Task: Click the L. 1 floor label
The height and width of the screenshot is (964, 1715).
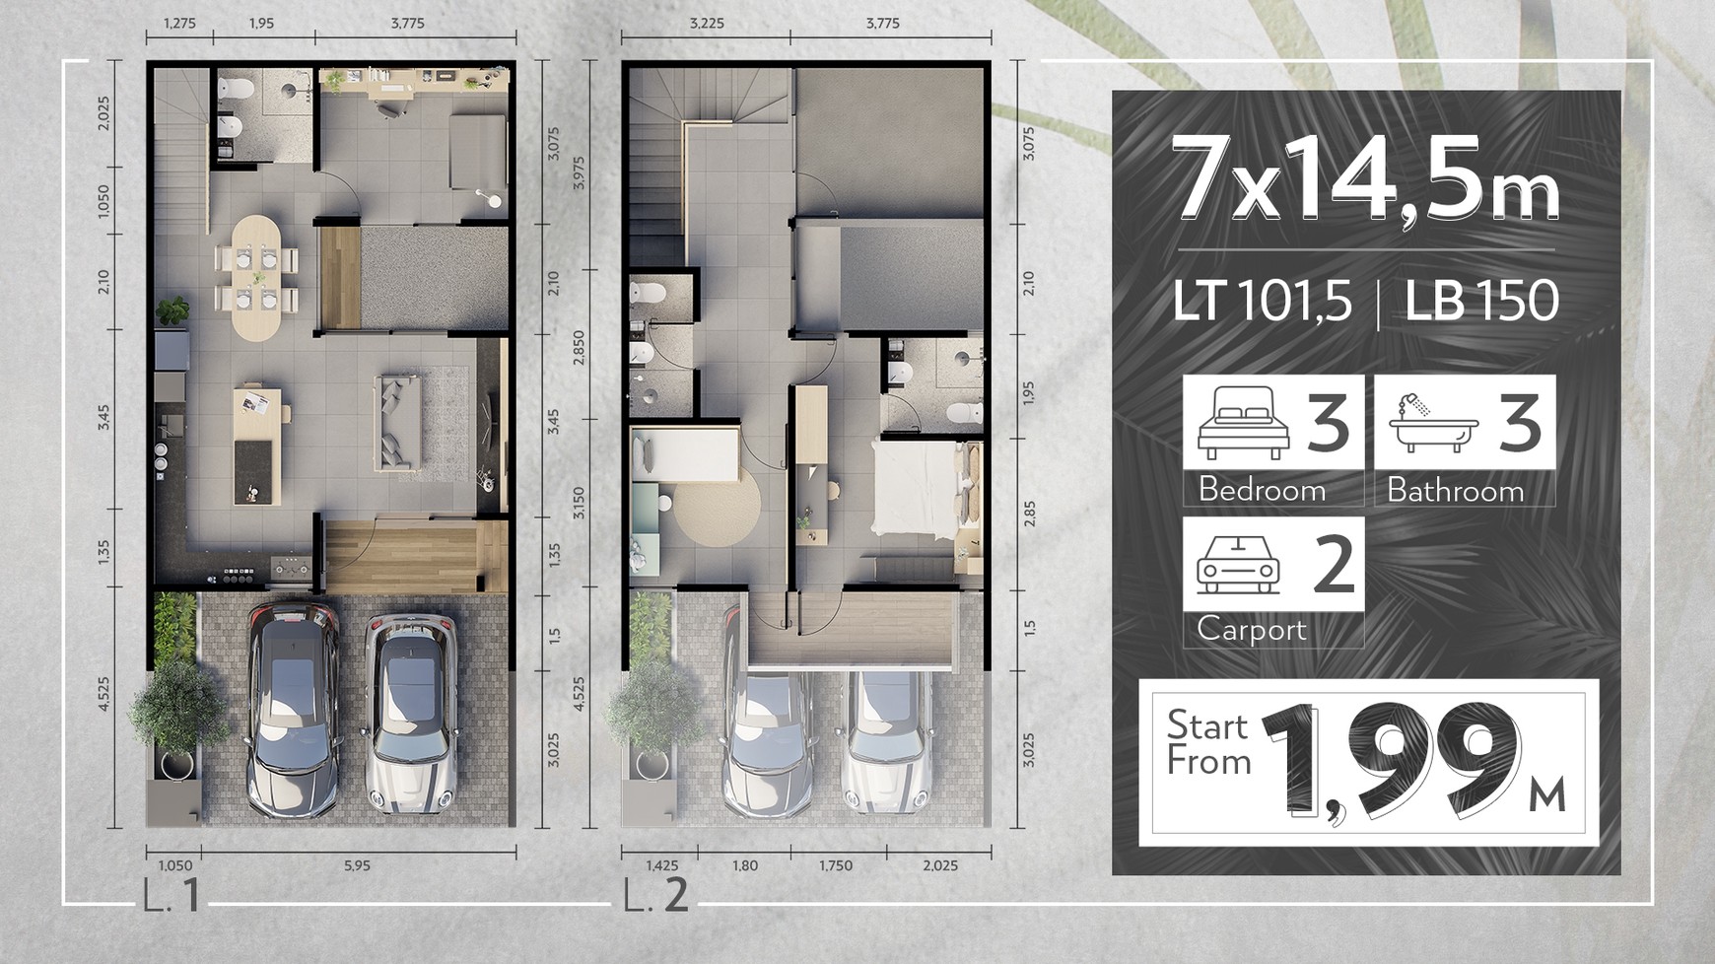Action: point(171,896)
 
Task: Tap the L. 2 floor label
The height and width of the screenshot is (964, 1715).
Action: point(656,896)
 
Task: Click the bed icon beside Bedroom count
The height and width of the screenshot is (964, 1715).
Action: point(1243,423)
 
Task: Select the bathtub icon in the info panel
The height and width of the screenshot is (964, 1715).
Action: point(1433,423)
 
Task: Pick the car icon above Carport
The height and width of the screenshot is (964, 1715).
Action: point(1238,565)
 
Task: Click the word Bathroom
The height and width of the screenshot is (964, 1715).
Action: point(1455,490)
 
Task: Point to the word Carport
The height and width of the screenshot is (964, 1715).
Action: point(1252,629)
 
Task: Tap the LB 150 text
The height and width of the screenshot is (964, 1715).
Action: point(1482,302)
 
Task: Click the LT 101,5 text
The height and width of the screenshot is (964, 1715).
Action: point(1262,302)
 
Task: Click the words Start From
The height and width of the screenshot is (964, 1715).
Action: point(1208,743)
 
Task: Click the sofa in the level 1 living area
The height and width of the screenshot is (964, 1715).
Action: point(398,422)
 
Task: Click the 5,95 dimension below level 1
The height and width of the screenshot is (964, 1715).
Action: point(357,865)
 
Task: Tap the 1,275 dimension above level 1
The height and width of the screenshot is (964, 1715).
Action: point(179,24)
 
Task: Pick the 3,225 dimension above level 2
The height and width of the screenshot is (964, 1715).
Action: point(707,24)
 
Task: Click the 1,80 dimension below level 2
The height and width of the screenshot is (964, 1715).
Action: point(745,865)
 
